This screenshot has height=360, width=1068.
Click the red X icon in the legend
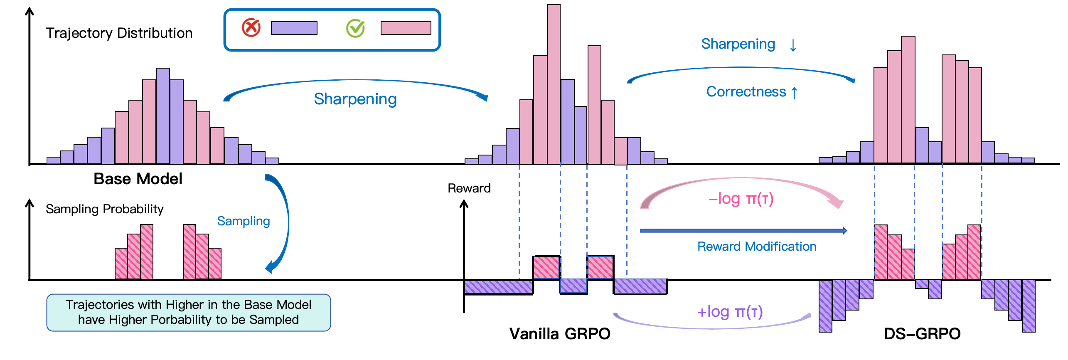251,28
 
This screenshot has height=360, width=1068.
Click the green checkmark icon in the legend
355,28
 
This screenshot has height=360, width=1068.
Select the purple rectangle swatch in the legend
294,28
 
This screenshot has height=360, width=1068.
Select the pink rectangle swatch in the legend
406,28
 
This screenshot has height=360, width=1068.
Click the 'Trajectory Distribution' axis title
119,33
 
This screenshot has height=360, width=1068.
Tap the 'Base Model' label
138,179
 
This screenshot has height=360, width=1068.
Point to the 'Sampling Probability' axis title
104,209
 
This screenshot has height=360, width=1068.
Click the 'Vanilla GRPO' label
560,334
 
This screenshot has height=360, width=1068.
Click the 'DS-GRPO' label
922,334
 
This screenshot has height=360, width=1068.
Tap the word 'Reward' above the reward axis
469,188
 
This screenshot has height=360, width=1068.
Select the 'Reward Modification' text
756,247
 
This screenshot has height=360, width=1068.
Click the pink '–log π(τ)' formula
741,199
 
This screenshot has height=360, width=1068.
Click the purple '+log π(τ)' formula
730,312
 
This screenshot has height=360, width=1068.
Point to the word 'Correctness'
746,92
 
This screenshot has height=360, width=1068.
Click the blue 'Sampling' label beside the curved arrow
243,221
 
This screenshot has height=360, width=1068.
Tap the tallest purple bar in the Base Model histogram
163,116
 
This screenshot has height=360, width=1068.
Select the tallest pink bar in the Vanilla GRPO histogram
554,83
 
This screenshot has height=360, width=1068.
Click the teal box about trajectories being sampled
188,313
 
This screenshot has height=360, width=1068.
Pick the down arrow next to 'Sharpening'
793,45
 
